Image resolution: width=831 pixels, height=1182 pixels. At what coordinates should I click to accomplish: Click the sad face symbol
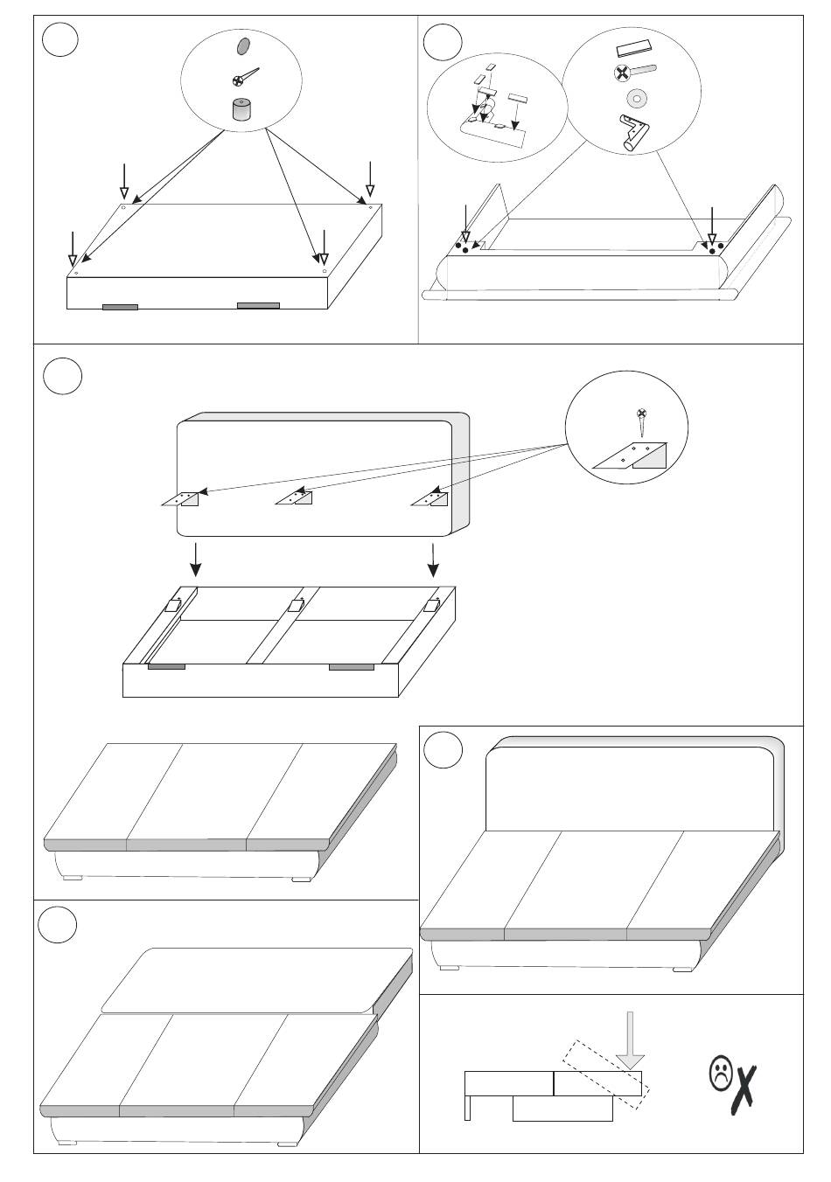(x=720, y=1074)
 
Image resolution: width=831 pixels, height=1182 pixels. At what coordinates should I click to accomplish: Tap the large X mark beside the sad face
(x=745, y=1089)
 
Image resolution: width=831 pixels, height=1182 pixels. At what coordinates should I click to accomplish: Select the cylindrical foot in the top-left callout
(x=241, y=109)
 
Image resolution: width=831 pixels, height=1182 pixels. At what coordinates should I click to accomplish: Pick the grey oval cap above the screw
(x=243, y=45)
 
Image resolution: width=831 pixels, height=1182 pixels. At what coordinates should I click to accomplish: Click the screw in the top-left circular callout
(x=244, y=77)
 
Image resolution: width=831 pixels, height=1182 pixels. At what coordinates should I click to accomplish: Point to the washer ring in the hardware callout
(x=633, y=97)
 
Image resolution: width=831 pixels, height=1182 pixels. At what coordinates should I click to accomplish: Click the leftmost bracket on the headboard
(x=182, y=498)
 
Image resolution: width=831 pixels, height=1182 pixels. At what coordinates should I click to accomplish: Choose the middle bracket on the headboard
(x=294, y=498)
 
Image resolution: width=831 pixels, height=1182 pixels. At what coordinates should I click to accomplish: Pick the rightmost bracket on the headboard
(x=430, y=499)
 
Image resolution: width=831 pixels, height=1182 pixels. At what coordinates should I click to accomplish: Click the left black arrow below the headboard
(x=196, y=559)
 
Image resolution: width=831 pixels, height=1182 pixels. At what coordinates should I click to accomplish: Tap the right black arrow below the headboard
(x=433, y=559)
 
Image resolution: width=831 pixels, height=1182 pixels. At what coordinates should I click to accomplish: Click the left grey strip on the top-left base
(x=120, y=307)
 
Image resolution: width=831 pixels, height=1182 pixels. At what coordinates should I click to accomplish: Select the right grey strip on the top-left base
(x=258, y=305)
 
